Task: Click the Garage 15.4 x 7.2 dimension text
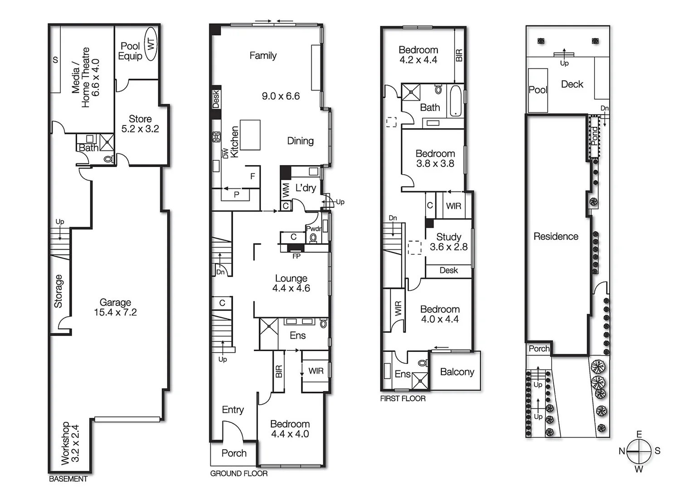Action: pos(115,312)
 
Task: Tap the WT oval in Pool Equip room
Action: pos(151,44)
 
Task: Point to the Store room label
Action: pos(140,119)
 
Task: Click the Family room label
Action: pos(263,56)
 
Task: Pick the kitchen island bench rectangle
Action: pos(250,135)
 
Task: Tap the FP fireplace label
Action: pos(296,256)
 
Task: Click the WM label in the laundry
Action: pos(286,190)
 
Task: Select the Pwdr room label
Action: pos(314,229)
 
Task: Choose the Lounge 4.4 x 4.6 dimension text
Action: pos(291,288)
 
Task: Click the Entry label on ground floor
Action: pos(233,410)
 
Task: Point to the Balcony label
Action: pos(457,372)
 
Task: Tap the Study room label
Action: pos(449,237)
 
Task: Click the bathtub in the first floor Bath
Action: pos(455,101)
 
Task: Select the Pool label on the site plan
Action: pos(538,90)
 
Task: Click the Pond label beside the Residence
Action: pos(594,135)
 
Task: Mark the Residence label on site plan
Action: pos(556,236)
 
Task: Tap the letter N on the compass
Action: pos(622,451)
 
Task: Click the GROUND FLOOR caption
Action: pos(239,474)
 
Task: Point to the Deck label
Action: pos(572,84)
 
